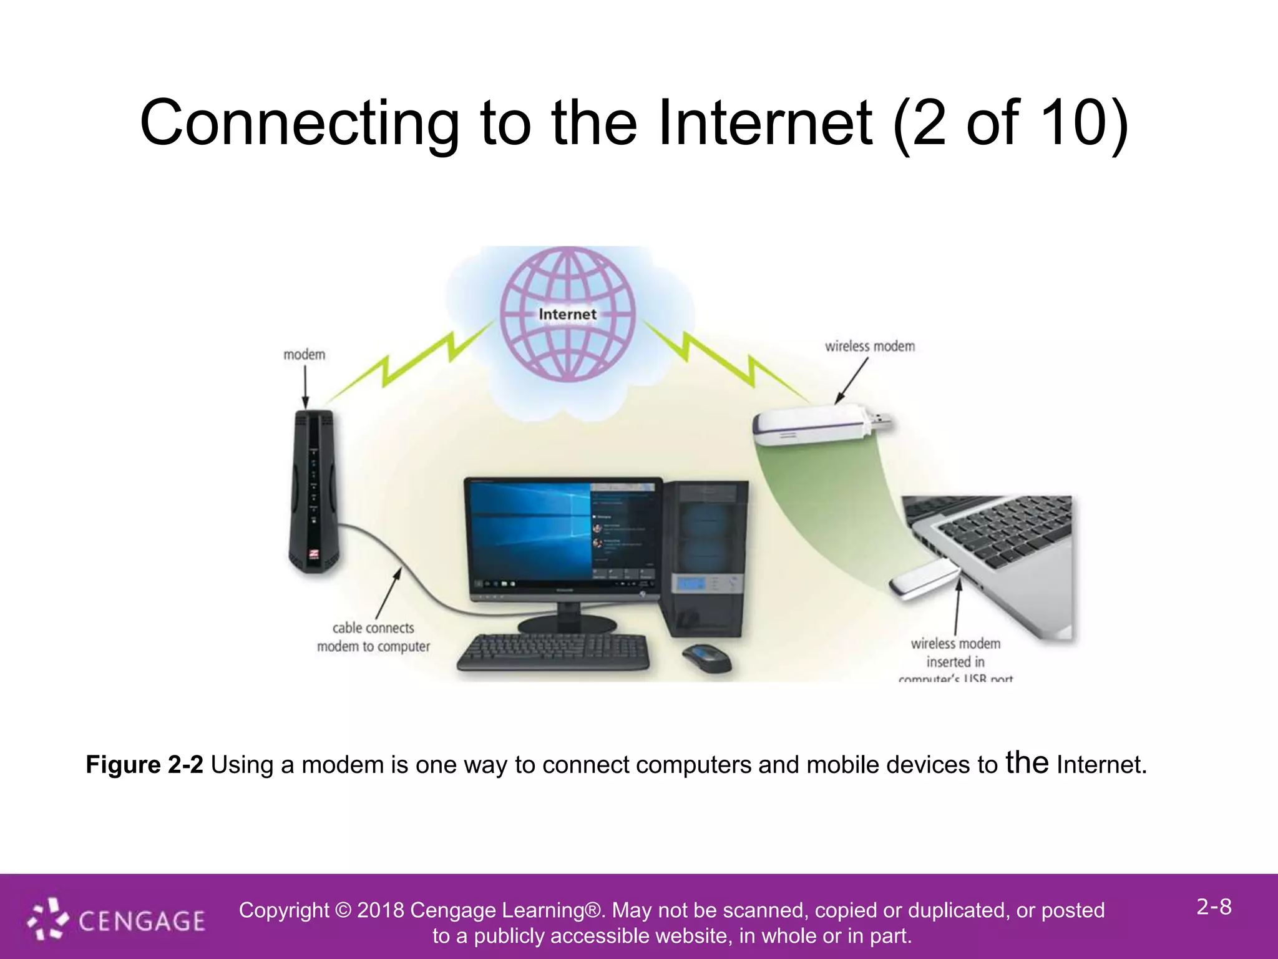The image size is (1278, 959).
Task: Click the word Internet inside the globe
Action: pos(567,314)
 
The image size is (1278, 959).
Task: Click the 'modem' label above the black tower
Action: pos(304,355)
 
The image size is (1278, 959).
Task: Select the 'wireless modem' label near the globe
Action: pos(869,346)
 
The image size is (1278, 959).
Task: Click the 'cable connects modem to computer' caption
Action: pos(373,637)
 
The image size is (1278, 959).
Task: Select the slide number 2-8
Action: pos(1214,907)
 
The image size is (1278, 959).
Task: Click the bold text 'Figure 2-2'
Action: pos(144,765)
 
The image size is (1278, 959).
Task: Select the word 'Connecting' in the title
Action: pos(300,122)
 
